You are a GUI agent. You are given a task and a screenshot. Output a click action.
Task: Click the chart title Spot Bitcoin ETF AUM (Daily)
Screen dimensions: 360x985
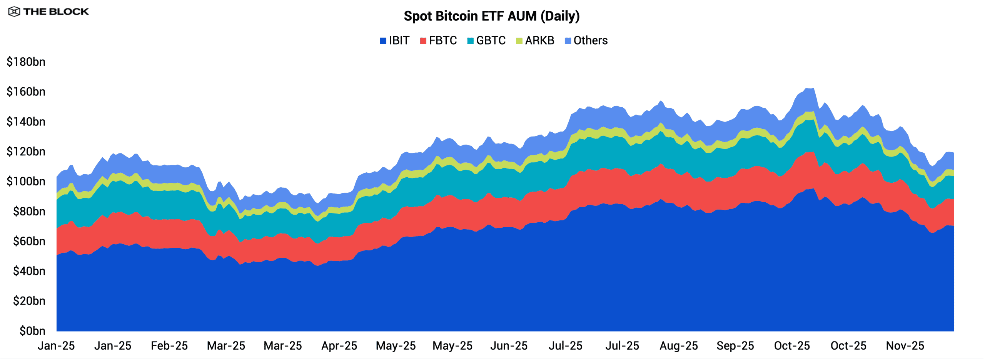click(x=491, y=16)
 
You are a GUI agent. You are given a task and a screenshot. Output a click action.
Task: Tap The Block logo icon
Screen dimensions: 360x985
click(x=14, y=12)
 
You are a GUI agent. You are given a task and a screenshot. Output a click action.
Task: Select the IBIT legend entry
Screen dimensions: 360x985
click(x=394, y=40)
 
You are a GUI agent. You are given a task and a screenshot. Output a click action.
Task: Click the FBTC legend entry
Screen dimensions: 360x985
click(x=438, y=40)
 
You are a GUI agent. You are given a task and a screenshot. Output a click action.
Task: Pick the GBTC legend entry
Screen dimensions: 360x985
click(x=486, y=40)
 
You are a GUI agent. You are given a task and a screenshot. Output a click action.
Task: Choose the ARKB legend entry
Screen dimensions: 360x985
click(x=535, y=40)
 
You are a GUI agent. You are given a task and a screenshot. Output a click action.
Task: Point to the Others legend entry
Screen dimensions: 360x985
click(x=586, y=40)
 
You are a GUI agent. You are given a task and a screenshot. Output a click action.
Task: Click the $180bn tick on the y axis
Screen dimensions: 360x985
click(x=26, y=62)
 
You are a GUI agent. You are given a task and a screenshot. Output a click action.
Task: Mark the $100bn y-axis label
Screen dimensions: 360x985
click(x=26, y=182)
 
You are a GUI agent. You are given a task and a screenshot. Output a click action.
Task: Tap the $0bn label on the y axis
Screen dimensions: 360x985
click(x=32, y=331)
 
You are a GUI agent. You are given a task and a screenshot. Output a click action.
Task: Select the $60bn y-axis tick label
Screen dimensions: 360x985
click(x=29, y=241)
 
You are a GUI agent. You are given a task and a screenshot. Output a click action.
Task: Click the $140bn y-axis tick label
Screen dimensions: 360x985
click(x=26, y=122)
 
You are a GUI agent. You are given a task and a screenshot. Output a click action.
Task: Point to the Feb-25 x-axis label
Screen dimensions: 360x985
click(x=169, y=346)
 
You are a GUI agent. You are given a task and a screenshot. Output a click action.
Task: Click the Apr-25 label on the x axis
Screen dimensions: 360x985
click(x=339, y=346)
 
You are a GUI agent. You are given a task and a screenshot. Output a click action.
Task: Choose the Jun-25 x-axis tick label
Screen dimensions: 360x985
click(x=509, y=346)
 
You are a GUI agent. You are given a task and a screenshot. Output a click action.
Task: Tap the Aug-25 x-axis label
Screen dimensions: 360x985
click(x=678, y=346)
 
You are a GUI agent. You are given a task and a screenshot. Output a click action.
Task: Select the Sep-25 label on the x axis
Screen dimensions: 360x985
click(x=735, y=346)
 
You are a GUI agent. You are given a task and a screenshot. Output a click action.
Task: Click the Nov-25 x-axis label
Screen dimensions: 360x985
click(x=905, y=346)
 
